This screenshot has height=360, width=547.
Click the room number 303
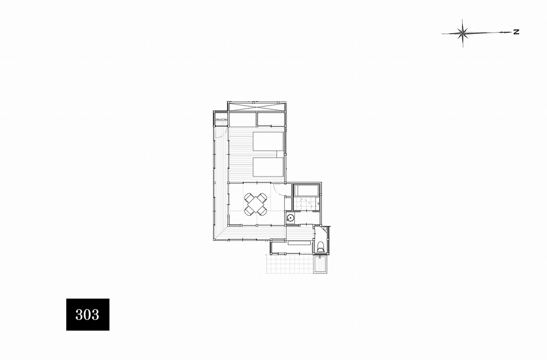(x=87, y=314)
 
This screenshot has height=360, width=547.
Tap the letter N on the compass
(x=516, y=32)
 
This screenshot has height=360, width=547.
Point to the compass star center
(x=462, y=33)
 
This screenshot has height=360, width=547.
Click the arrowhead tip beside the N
(x=511, y=32)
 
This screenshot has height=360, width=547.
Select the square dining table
(x=255, y=204)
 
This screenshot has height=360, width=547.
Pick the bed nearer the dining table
(x=268, y=167)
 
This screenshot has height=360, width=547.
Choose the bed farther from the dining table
(x=268, y=142)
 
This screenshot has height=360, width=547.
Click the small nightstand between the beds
(x=280, y=154)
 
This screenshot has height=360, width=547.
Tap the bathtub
(x=306, y=190)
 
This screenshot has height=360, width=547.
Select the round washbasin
(x=290, y=218)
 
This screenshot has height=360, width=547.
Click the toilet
(x=320, y=247)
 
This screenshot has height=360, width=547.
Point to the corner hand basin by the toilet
(x=325, y=229)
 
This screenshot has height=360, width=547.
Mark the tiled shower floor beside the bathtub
(x=306, y=204)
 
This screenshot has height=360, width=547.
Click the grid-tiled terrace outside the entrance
(x=289, y=264)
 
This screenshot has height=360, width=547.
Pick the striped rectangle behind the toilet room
(x=320, y=264)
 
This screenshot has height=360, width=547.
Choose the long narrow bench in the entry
(x=299, y=243)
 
